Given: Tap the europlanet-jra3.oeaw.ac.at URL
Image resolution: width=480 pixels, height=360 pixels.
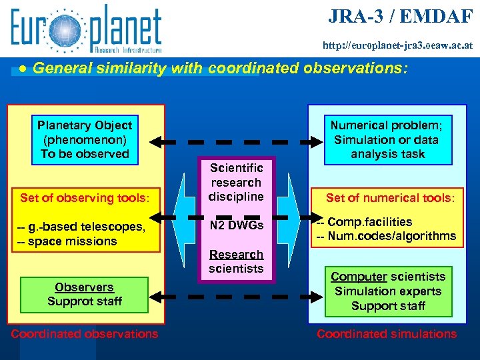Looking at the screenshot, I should tap(398, 46).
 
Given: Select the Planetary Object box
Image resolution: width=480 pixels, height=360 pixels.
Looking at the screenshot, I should tap(85, 139).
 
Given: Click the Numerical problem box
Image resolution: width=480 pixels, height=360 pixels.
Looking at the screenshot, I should tap(387, 139).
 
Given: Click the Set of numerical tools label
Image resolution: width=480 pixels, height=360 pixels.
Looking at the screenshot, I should tap(390, 197).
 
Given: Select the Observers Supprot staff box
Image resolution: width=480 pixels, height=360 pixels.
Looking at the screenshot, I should tap(85, 294).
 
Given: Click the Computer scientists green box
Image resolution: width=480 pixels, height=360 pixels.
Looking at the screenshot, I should tap(388, 291).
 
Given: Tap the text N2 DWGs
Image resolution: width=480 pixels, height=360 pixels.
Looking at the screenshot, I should tap(236, 225).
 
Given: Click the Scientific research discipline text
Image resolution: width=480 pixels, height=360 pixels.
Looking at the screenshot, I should tap(236, 182).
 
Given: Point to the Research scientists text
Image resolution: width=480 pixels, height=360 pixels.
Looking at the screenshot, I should tap(236, 261).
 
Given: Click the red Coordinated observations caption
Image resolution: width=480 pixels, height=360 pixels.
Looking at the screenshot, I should tap(85, 334).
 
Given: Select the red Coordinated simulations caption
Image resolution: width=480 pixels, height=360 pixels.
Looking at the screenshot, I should tap(387, 334).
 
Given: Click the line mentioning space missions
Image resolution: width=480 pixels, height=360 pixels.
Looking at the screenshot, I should tap(67, 241).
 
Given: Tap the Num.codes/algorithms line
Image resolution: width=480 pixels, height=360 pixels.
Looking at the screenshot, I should tap(386, 236).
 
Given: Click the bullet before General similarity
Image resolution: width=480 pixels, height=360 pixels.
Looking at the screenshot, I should tap(23, 69).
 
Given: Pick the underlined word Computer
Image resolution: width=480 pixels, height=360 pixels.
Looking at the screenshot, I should tap(359, 277).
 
